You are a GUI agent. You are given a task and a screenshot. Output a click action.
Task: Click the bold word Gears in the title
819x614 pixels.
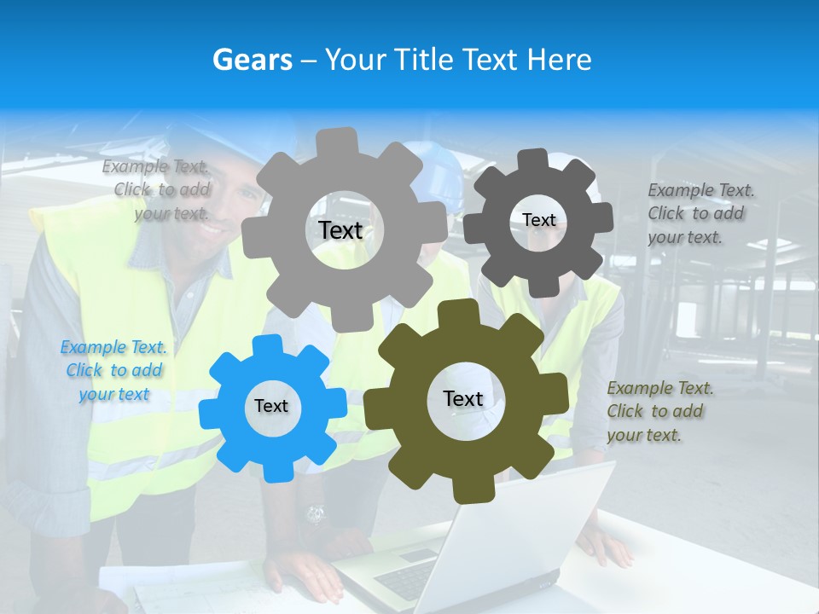252,60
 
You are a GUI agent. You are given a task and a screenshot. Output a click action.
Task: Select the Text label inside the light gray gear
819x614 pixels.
340,230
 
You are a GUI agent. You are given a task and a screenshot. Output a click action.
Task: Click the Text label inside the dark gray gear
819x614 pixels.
538,220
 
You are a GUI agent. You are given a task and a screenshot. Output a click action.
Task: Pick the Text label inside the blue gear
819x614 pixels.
270,406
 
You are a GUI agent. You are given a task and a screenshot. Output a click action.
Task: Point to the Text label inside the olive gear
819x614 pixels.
462,398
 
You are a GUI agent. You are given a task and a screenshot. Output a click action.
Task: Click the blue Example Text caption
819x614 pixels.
113,371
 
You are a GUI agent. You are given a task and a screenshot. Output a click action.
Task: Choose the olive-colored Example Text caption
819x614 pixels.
659,411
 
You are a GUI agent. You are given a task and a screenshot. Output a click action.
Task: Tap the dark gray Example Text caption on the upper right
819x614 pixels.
700,213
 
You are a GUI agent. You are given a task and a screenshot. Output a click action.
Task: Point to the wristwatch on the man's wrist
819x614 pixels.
315,514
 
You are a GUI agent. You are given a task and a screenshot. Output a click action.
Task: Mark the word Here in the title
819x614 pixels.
560,60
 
